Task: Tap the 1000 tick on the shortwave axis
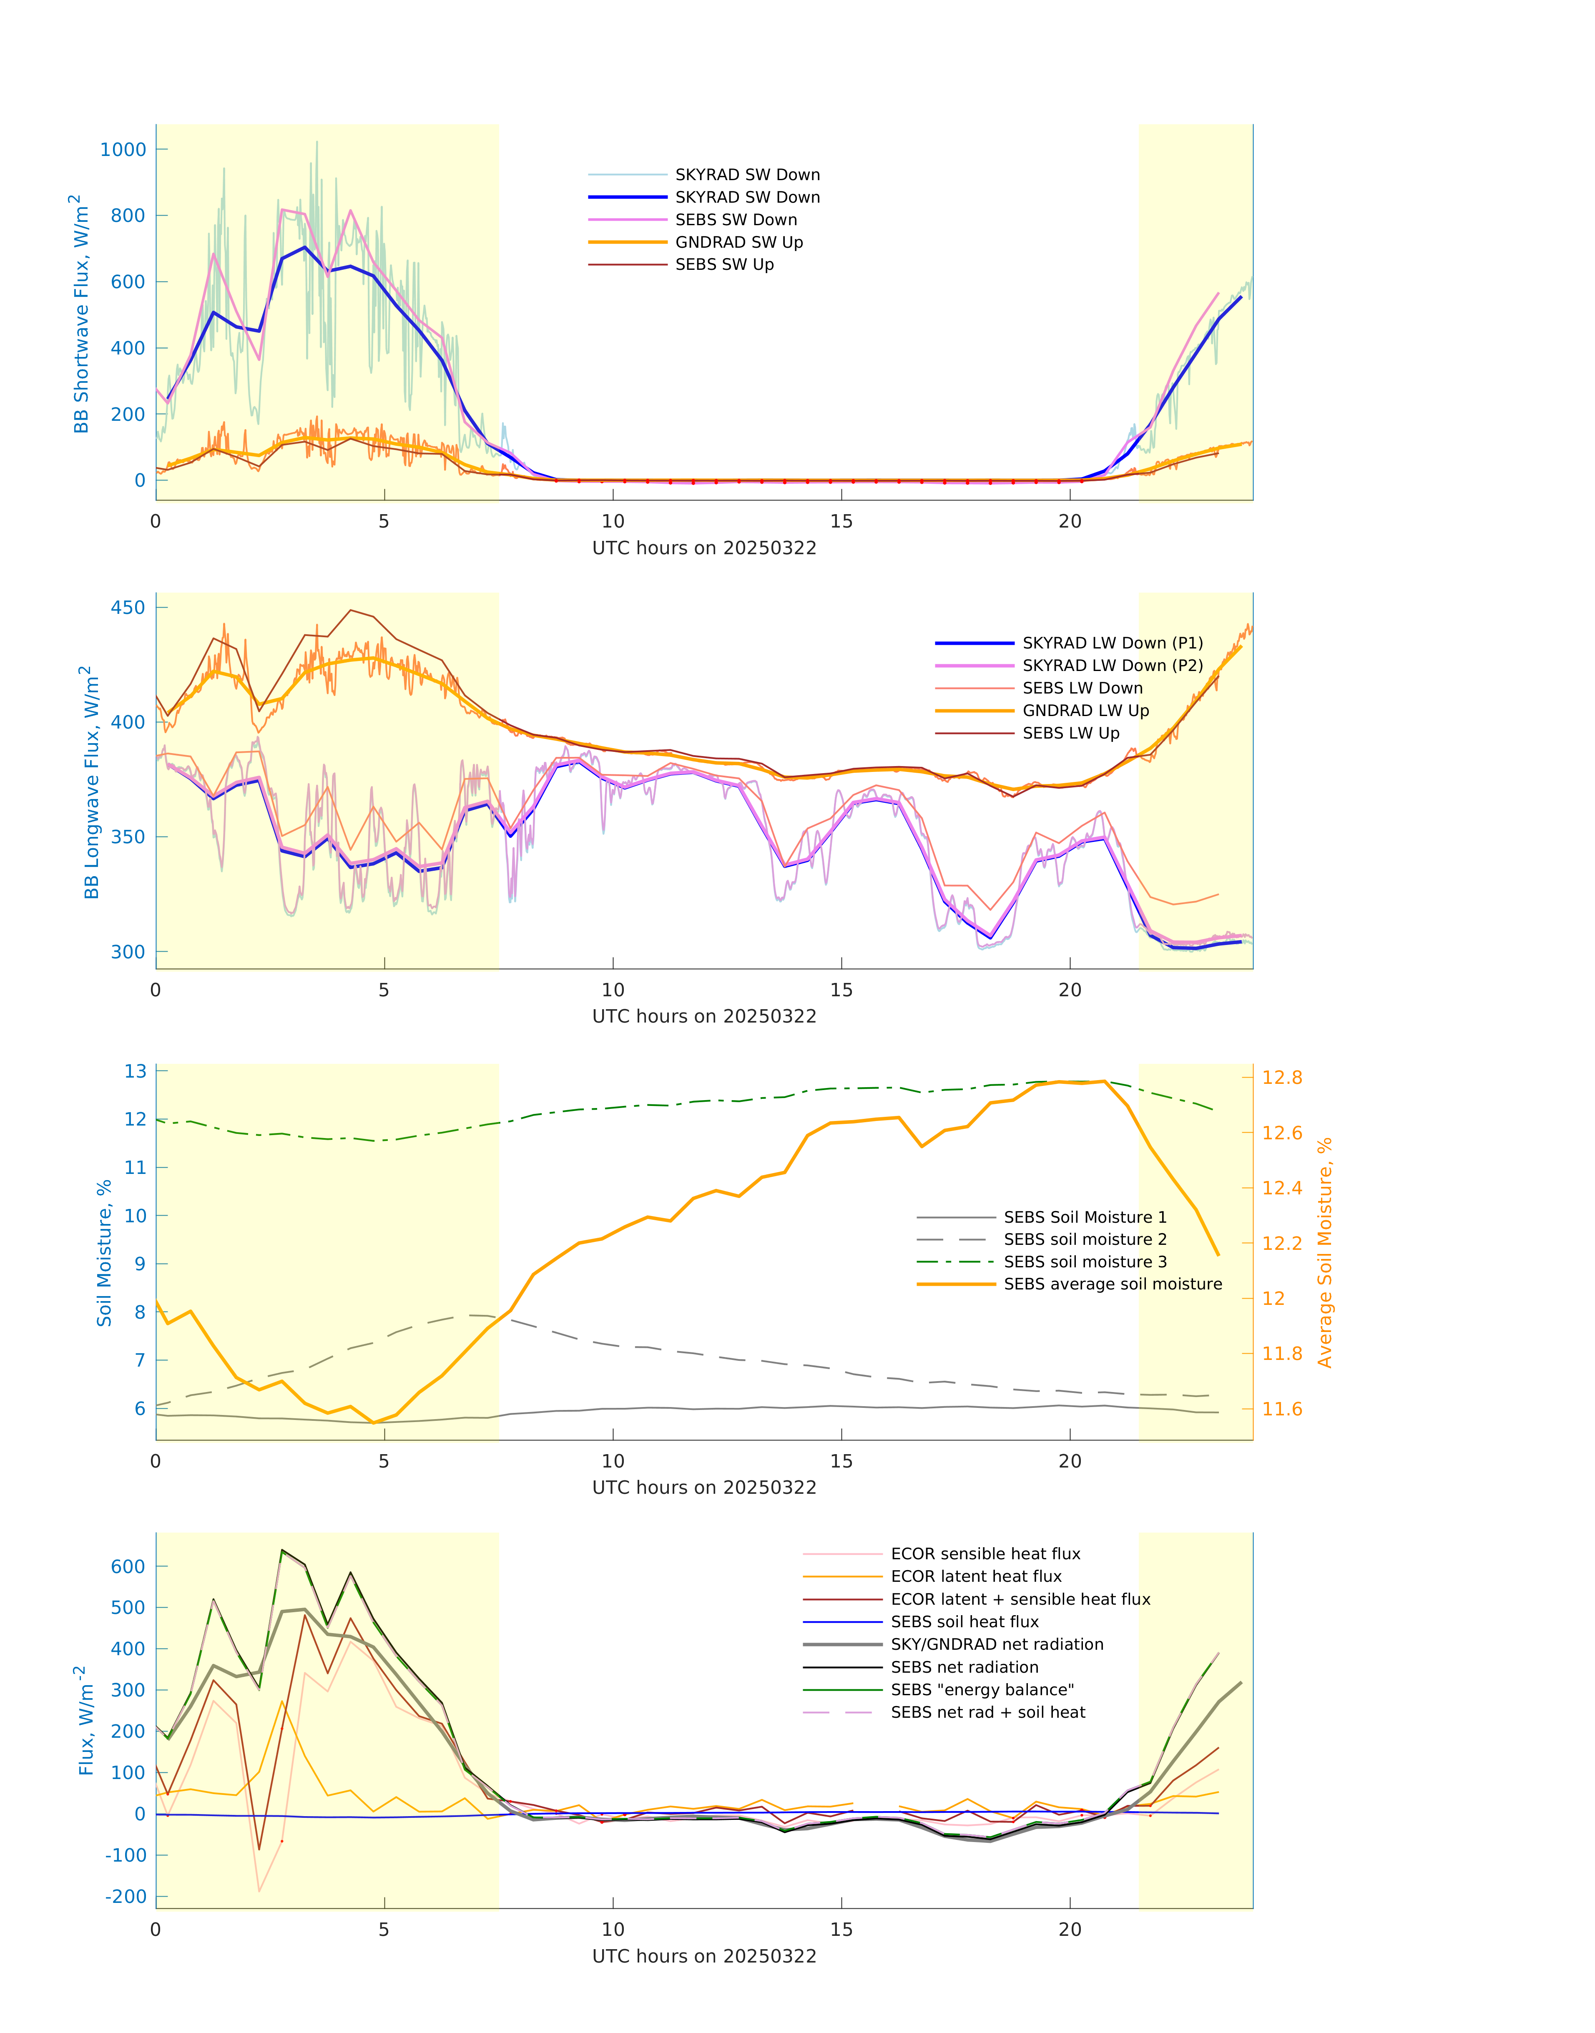[123, 149]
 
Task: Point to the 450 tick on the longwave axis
[128, 608]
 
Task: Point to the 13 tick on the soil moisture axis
[136, 1071]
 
